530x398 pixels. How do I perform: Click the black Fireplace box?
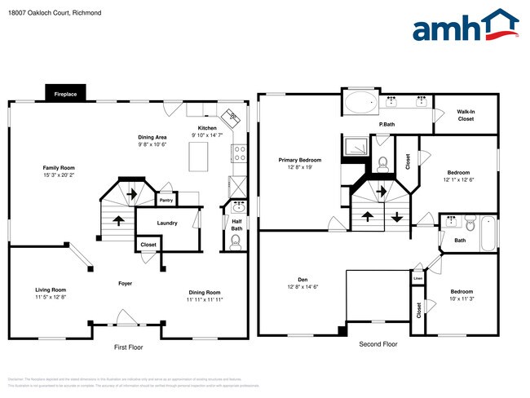tap(65, 95)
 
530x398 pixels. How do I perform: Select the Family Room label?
tap(60, 167)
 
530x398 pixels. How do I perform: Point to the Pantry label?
tap(166, 199)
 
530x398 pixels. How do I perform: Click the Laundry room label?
tap(167, 223)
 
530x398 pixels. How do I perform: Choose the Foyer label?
tap(125, 284)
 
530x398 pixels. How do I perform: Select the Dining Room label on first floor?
tap(205, 292)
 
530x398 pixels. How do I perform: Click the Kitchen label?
tap(207, 128)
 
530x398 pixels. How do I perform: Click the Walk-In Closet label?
tap(465, 115)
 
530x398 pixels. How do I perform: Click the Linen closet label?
tap(417, 278)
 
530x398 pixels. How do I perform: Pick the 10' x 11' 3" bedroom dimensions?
tap(461, 299)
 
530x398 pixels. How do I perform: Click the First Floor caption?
tap(128, 347)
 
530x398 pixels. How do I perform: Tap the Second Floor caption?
tap(378, 344)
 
